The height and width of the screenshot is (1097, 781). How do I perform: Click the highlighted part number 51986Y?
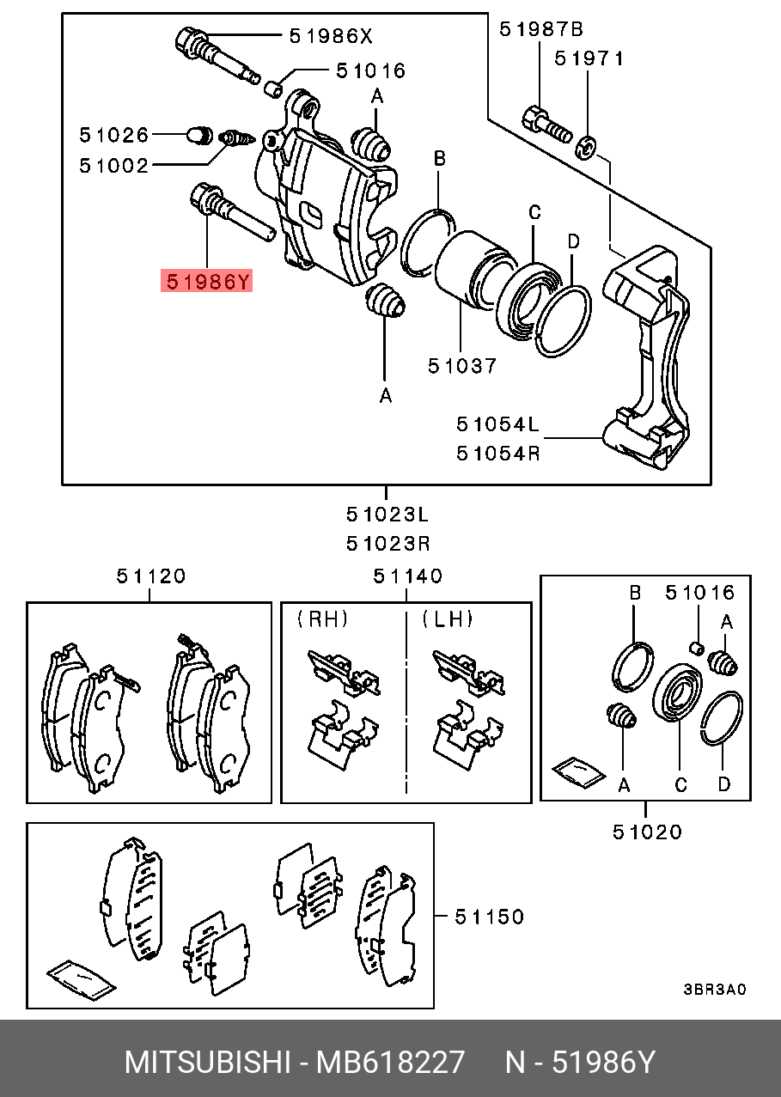coord(207,281)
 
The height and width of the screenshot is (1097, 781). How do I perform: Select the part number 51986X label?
coord(331,36)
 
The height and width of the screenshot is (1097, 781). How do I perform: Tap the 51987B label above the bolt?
coord(541,30)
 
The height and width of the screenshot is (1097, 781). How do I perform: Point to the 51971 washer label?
coord(589,59)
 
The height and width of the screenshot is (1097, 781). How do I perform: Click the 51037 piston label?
coord(462,367)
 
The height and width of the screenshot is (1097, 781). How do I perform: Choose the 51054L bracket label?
coord(497,424)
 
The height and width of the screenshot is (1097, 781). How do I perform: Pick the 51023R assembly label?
coord(387,544)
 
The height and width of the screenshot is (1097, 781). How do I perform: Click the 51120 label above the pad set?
coord(151,576)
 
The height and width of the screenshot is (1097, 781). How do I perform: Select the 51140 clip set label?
coord(408,576)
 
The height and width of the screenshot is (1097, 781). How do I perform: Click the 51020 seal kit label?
coord(647,832)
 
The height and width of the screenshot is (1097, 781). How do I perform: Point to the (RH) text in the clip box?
coord(323,619)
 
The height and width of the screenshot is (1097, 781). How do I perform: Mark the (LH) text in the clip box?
coord(448,619)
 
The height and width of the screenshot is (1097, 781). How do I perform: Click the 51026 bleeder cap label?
coord(114,135)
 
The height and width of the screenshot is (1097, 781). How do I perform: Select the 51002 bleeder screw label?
coord(114,165)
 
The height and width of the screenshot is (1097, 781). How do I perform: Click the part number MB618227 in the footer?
coord(391,1063)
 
